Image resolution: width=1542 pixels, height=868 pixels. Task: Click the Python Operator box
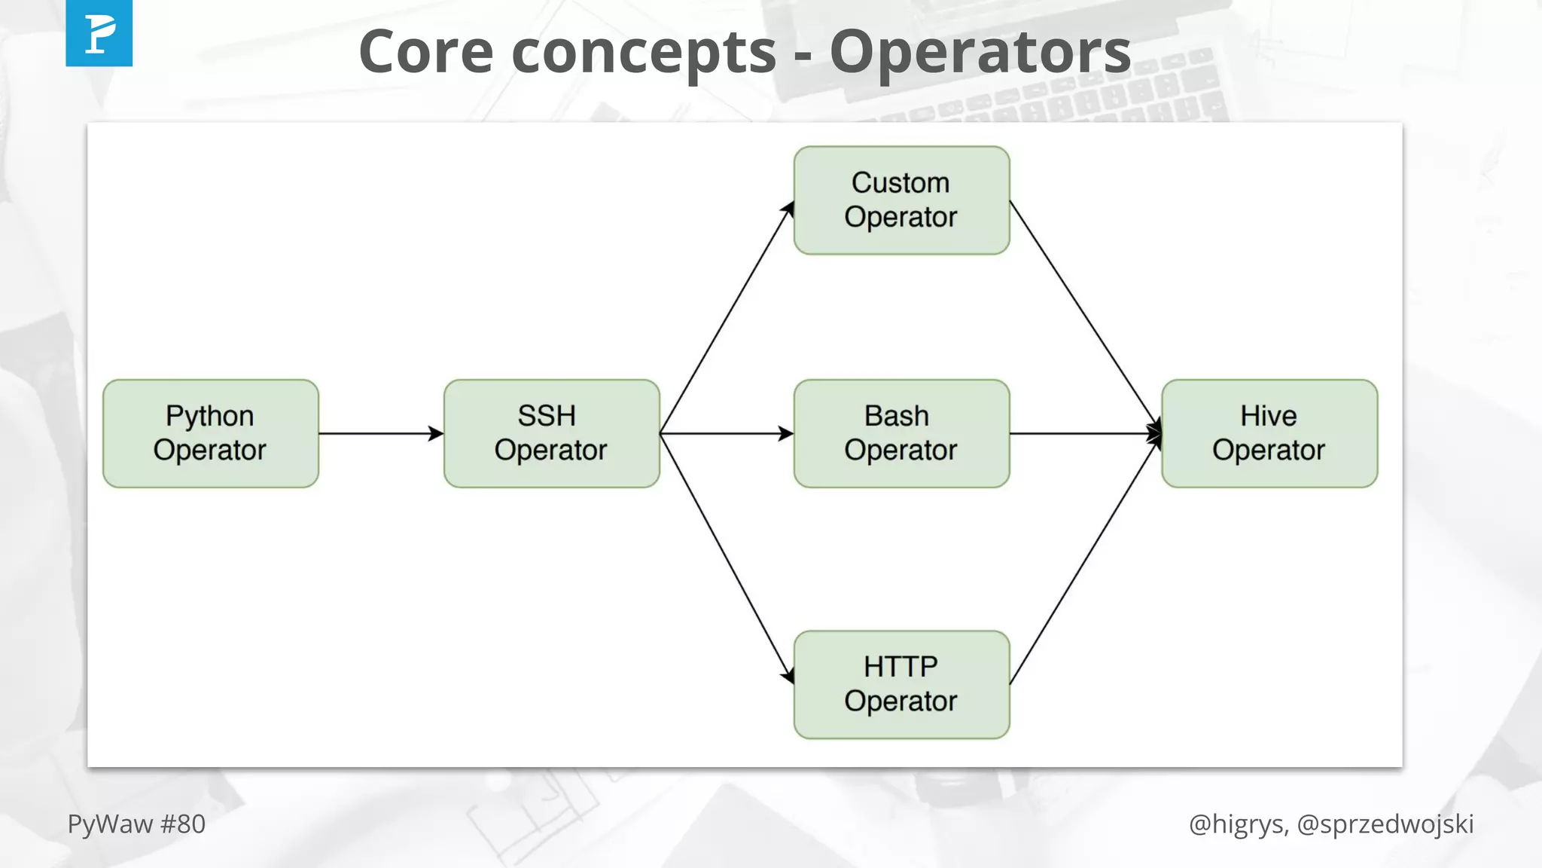(x=210, y=433)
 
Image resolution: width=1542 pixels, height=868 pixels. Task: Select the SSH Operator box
(x=551, y=433)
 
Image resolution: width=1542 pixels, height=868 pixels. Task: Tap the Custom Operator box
(x=901, y=200)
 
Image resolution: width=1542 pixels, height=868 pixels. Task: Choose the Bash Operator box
(x=901, y=433)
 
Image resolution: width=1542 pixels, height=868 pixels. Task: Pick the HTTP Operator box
(x=901, y=684)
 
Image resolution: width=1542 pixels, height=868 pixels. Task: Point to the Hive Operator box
(x=1269, y=433)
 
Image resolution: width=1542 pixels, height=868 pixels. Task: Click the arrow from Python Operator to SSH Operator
(x=380, y=433)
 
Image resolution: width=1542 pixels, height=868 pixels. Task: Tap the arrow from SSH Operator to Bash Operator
(x=726, y=433)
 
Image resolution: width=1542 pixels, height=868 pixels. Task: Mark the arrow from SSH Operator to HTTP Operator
(x=726, y=558)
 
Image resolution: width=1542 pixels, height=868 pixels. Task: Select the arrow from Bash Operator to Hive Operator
(x=1084, y=433)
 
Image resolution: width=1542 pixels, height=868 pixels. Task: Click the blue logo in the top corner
(x=99, y=33)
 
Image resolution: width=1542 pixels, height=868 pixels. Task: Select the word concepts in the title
(x=644, y=53)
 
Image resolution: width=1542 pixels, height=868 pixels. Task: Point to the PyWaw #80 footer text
(x=136, y=824)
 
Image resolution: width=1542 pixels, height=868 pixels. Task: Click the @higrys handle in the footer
(x=1236, y=824)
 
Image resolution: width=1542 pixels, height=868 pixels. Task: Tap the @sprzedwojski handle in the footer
(x=1385, y=824)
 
